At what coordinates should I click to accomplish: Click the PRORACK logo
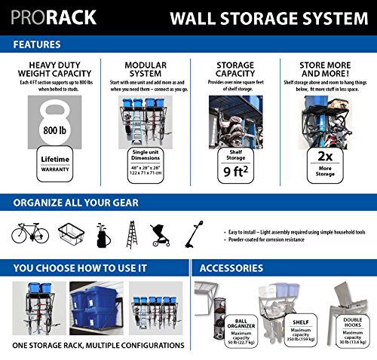click(52, 17)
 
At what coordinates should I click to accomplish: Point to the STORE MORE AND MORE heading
click(326, 70)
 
